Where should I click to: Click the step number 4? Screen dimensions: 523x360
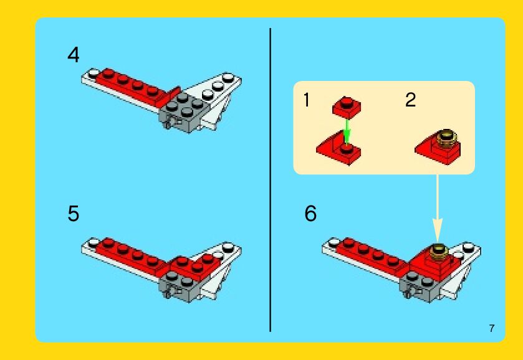coord(74,55)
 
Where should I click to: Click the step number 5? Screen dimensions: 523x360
coord(74,214)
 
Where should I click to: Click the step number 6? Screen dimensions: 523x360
coord(310,214)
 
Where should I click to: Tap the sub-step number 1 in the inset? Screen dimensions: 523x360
coord(307,100)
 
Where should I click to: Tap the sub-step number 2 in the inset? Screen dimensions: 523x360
coord(411,100)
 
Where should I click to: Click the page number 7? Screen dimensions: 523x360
coord(492,328)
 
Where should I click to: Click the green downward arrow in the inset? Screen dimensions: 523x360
coord(347,131)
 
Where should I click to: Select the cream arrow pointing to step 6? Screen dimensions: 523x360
coord(437,207)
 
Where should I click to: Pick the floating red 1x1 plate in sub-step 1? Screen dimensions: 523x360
coord(347,107)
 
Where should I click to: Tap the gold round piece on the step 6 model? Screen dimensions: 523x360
coord(438,252)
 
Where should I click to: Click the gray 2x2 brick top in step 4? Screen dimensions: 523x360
coord(185,105)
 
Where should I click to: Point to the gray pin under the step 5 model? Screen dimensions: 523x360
coord(168,294)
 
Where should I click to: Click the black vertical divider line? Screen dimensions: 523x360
coord(270,180)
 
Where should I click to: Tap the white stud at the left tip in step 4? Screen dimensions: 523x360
coord(94,73)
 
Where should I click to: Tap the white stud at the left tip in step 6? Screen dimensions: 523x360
coord(334,242)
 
